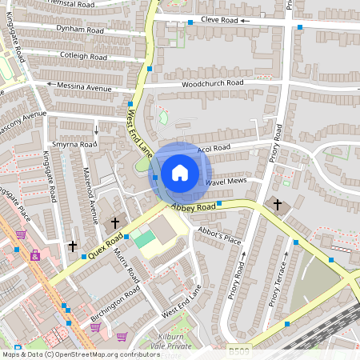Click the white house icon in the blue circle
pyautogui.click(x=179, y=172)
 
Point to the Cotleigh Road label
pyautogui.click(x=83, y=57)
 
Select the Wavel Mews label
pyautogui.click(x=225, y=182)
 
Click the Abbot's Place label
pyautogui.click(x=219, y=238)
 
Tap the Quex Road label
pyautogui.click(x=109, y=243)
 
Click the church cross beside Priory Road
pyautogui.click(x=278, y=205)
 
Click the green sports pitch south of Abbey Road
pyautogui.click(x=144, y=238)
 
